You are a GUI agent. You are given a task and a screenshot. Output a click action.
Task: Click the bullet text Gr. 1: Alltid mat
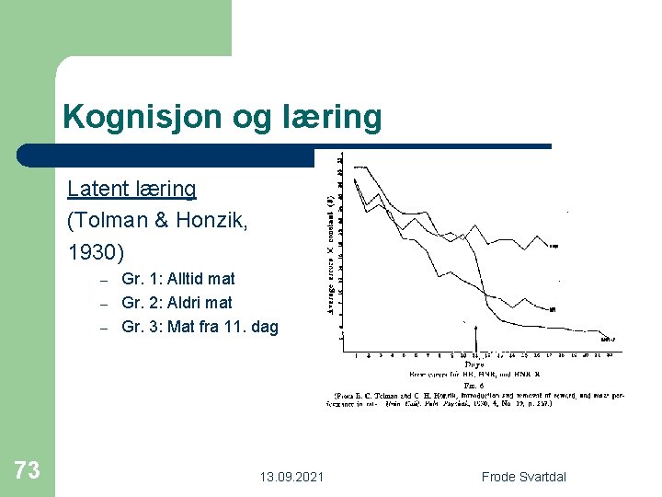pyautogui.click(x=177, y=278)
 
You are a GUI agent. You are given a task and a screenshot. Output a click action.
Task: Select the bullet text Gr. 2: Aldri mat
pyautogui.click(x=177, y=302)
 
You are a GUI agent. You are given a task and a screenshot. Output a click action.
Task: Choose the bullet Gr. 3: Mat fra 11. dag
pyautogui.click(x=200, y=326)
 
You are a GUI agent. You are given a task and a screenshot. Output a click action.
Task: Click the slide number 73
pyautogui.click(x=28, y=471)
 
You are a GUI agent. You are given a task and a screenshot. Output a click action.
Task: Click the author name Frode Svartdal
pyautogui.click(x=524, y=477)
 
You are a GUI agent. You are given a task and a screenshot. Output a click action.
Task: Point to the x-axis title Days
pyautogui.click(x=474, y=364)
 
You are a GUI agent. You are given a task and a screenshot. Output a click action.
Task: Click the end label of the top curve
pyautogui.click(x=554, y=246)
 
